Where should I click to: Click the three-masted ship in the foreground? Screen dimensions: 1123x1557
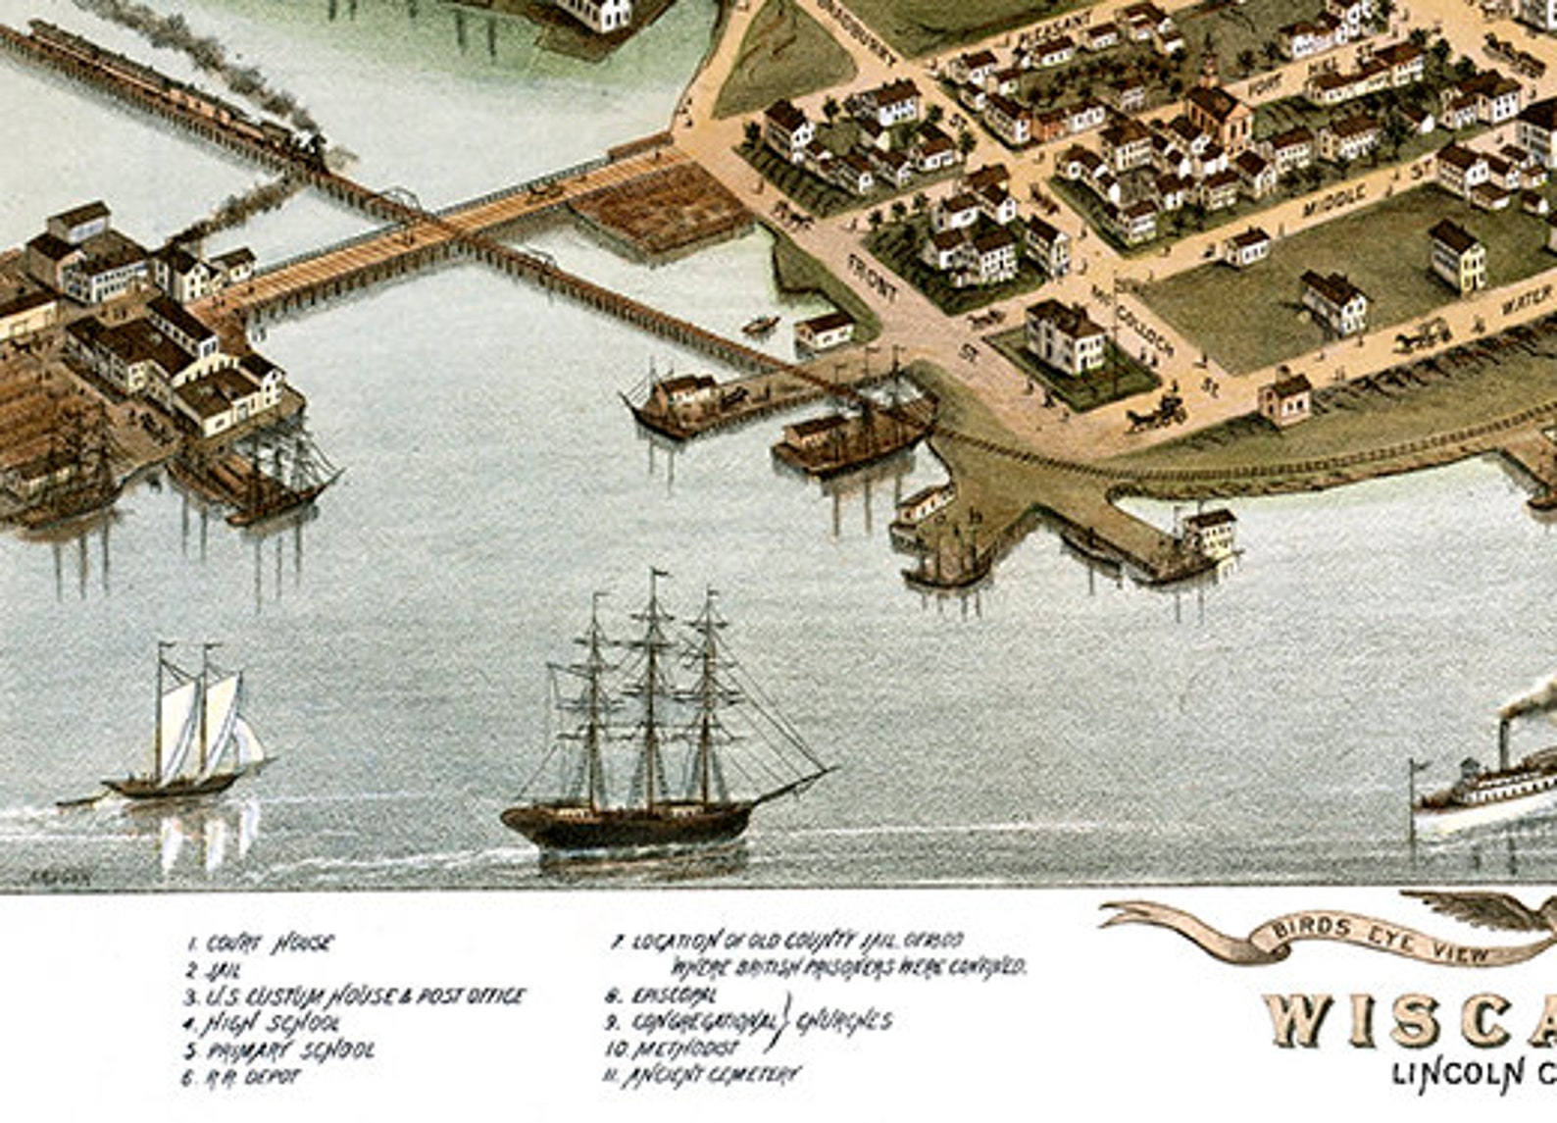(x=647, y=745)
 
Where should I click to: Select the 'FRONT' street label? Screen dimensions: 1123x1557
(x=872, y=277)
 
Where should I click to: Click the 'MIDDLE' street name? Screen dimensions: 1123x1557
(x=1334, y=201)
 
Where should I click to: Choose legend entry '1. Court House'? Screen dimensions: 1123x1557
(x=260, y=944)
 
